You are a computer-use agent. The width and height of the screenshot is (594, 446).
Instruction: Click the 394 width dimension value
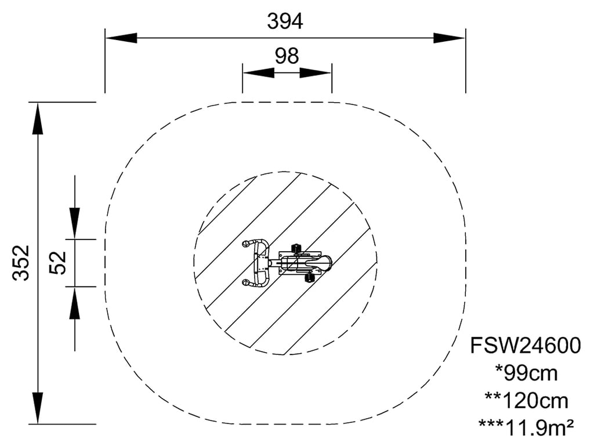coord(285,21)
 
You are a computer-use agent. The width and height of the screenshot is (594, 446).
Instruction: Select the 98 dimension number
coord(287,56)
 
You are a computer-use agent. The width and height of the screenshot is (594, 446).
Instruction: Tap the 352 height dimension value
coord(21,262)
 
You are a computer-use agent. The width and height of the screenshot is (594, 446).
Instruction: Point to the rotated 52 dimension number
coord(58,262)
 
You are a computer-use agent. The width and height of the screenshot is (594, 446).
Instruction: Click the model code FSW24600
coord(526,346)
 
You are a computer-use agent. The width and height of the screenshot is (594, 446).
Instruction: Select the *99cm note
coord(527,373)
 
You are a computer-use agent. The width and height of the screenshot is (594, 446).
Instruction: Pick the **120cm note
coord(527,400)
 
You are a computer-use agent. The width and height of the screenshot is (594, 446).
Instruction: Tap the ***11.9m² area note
coord(527,427)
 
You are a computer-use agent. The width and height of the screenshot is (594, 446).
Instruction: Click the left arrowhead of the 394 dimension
coord(121,38)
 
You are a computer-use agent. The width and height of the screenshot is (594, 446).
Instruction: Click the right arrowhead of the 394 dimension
coord(450,38)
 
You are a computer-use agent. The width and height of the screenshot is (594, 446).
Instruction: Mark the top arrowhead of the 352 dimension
coord(38,118)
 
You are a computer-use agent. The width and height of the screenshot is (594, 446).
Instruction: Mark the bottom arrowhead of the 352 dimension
coord(38,408)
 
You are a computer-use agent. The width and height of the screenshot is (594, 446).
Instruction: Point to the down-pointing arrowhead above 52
coord(75,223)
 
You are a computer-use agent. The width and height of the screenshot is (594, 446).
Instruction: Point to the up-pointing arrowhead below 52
coord(75,303)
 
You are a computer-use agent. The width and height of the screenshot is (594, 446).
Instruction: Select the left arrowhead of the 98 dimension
coord(259,72)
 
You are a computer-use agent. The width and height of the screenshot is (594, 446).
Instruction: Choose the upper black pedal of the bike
coord(296,248)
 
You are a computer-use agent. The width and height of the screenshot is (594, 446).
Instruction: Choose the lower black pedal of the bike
coord(310,278)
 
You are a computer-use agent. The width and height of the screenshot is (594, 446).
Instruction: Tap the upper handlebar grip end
coord(246,243)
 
